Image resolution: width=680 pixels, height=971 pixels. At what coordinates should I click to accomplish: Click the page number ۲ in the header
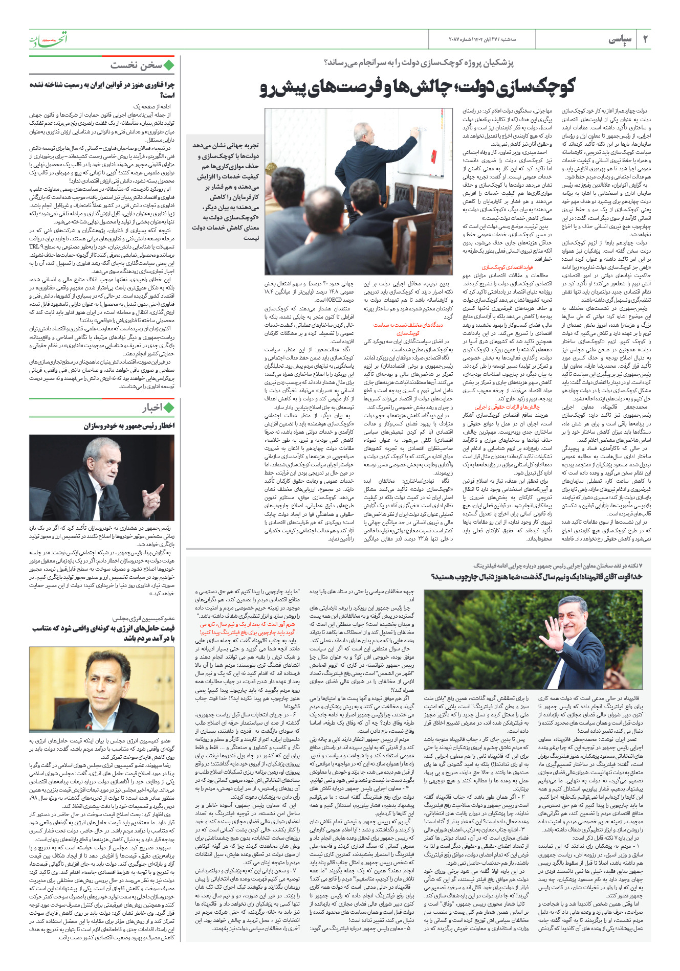645,40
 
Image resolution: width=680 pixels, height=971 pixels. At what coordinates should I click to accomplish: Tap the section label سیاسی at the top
621,40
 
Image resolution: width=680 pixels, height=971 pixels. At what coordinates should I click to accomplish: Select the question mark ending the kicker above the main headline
326,63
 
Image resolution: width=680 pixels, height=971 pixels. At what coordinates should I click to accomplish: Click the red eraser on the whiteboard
434,154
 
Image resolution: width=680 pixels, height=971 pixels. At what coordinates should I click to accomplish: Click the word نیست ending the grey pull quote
251,238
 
